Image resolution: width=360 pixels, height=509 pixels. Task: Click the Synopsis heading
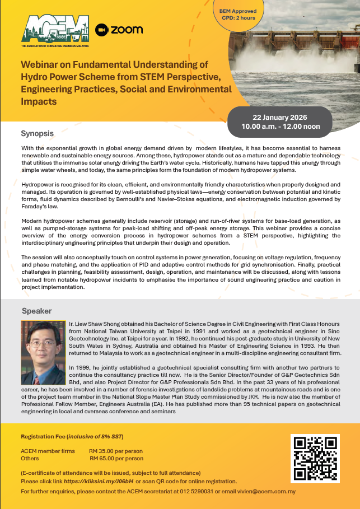pyautogui.click(x=37, y=134)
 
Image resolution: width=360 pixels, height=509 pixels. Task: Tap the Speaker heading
pyautogui.click(x=36, y=311)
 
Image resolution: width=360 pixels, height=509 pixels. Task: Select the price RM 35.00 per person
pyautogui.click(x=115, y=451)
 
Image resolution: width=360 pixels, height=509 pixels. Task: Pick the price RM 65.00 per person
pyautogui.click(x=115, y=458)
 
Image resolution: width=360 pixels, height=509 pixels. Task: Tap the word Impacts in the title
pyautogui.click(x=38, y=102)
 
